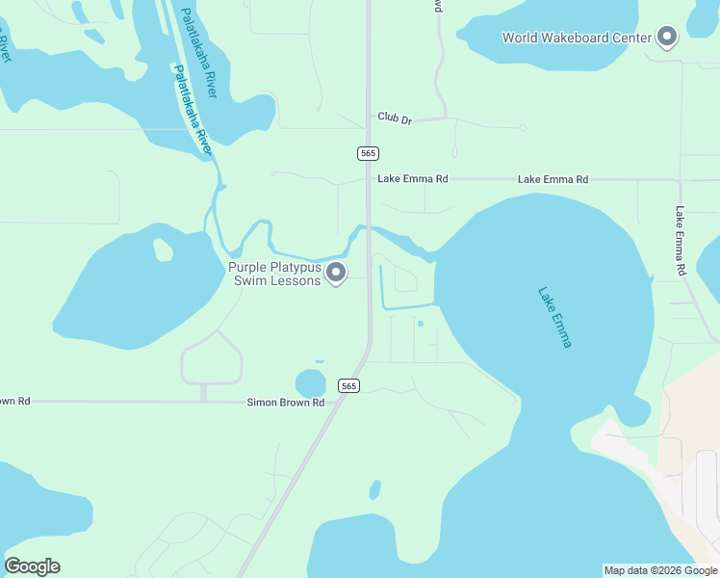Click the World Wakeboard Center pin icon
click(x=667, y=38)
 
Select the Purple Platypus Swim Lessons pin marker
click(x=336, y=274)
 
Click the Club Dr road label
click(x=395, y=118)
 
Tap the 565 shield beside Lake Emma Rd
click(x=368, y=153)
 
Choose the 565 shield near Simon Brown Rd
click(x=348, y=385)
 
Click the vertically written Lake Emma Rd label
click(x=681, y=242)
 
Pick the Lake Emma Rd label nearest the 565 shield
click(x=413, y=179)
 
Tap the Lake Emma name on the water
click(x=554, y=317)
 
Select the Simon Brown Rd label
click(x=286, y=403)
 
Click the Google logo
click(x=32, y=566)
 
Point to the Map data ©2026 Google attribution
click(x=659, y=570)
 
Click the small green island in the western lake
click(x=163, y=250)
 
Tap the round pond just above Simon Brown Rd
click(x=310, y=383)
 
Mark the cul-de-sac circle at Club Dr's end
click(x=523, y=127)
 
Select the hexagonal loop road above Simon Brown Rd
click(x=211, y=357)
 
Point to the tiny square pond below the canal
click(x=420, y=323)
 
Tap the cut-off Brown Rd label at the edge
click(x=15, y=401)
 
